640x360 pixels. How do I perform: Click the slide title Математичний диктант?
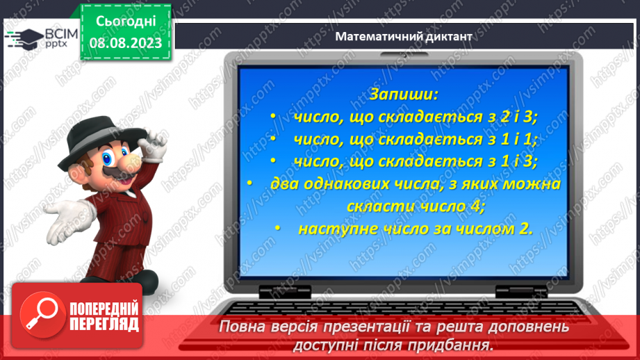point(404,36)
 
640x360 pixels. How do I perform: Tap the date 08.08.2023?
point(126,43)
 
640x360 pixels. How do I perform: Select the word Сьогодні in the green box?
point(126,22)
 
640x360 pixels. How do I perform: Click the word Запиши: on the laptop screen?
point(403,95)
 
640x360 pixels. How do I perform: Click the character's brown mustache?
point(118,172)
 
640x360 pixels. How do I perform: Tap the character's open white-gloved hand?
point(67,220)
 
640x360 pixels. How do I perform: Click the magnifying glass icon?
point(42,313)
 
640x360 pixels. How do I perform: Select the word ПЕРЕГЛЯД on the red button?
point(104,324)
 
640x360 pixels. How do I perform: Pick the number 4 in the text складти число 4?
point(475,206)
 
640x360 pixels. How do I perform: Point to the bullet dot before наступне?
point(277,228)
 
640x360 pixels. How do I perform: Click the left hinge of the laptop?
point(285,291)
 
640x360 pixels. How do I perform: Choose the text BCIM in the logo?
point(61,34)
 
